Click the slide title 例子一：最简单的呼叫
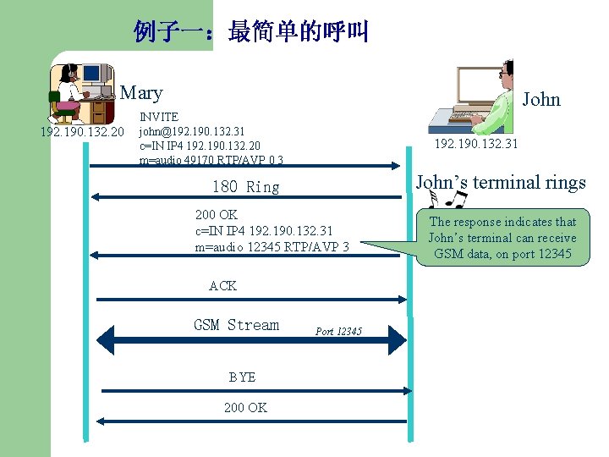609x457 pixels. pos(251,32)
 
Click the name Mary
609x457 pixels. pos(141,92)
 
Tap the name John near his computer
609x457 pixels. pos(541,99)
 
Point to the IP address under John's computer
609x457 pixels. pos(476,144)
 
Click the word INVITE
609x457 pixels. pos(159,117)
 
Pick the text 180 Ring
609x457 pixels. pos(245,187)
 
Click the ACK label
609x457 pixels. pos(222,286)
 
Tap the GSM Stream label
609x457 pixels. pos(236,325)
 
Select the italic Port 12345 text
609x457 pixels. pos(338,331)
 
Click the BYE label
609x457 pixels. pos(242,377)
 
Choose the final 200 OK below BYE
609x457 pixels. pos(245,408)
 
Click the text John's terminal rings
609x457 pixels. pos(501,182)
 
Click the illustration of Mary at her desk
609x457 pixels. pos(81,92)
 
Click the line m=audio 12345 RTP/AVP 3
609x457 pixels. pos(272,246)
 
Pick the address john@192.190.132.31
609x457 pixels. pos(192,131)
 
